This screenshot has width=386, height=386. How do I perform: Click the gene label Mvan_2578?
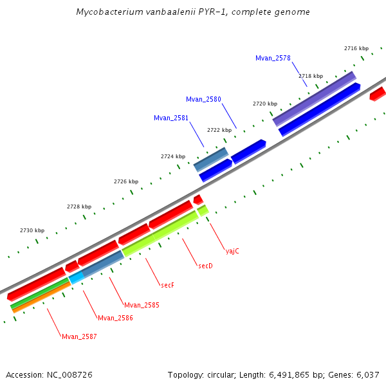(x=273, y=58)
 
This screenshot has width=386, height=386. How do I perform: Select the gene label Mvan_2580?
(x=203, y=99)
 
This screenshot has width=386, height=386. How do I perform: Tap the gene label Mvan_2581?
(x=171, y=118)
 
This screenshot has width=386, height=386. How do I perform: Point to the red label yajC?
(x=232, y=251)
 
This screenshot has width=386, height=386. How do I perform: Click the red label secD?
(x=205, y=266)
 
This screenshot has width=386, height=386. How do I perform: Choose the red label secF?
(x=167, y=285)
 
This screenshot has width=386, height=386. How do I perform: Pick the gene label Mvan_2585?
(x=142, y=305)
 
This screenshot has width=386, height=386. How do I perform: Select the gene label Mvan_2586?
(x=115, y=318)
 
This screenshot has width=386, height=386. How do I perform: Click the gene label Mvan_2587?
(x=79, y=336)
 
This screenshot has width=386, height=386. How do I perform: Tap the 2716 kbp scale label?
(x=356, y=48)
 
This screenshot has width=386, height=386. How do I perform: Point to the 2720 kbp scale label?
(x=264, y=104)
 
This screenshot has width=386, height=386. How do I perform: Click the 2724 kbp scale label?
(x=173, y=156)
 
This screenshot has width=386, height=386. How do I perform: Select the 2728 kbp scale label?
(x=79, y=207)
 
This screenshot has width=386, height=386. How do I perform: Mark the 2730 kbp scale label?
(x=32, y=230)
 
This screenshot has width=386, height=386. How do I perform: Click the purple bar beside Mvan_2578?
(x=314, y=98)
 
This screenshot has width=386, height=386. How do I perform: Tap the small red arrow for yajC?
(x=198, y=199)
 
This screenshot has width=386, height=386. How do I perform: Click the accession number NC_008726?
(x=68, y=374)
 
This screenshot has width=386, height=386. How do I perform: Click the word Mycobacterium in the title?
(x=107, y=12)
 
